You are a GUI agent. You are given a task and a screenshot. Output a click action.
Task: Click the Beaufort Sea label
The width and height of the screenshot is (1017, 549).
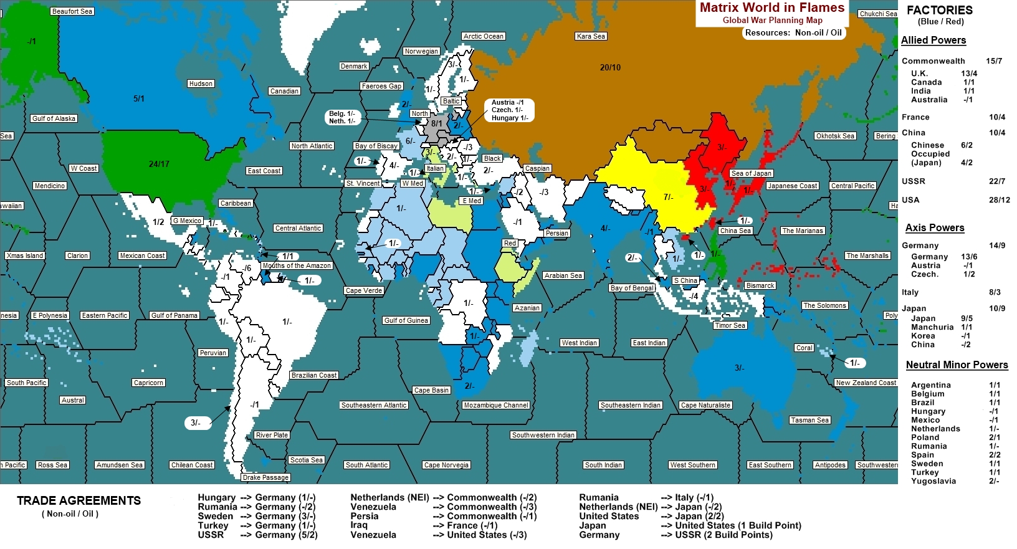point(72,11)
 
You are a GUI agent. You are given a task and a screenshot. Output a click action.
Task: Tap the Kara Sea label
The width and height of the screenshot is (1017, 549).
point(591,36)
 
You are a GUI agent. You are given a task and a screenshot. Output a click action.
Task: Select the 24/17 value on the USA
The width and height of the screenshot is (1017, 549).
point(159,164)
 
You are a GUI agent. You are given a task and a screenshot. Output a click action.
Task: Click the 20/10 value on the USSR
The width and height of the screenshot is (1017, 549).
point(610,67)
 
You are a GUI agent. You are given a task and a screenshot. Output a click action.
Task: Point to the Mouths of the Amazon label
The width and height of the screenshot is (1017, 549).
point(297,265)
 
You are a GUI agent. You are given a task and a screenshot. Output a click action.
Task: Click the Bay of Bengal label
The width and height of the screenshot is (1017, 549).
point(632,288)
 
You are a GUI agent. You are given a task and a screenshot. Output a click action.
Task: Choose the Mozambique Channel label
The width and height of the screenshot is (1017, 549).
point(496,405)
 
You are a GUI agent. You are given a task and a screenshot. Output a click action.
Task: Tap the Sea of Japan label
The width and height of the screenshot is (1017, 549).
point(751,173)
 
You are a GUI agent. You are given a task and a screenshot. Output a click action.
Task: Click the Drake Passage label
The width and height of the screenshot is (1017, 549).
point(266,477)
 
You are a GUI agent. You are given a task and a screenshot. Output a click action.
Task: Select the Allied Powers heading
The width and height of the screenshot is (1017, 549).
point(933,40)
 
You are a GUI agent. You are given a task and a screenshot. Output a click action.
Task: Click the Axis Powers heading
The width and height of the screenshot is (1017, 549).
point(934,227)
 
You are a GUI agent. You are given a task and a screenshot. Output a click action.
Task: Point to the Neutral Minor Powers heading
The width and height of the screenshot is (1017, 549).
point(956,365)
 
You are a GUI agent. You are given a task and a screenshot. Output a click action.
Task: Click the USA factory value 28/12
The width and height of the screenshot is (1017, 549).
point(999,199)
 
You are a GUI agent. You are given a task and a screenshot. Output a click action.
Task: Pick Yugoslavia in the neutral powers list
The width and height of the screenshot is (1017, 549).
point(933,480)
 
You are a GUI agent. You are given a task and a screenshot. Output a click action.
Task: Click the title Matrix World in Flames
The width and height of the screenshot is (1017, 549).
point(771,7)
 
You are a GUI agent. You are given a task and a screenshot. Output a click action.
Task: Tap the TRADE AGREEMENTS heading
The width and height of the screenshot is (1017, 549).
point(79,500)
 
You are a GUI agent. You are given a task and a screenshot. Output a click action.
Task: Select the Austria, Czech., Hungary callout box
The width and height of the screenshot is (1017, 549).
point(509,110)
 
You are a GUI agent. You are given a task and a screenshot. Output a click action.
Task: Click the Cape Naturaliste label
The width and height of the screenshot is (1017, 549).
point(705,405)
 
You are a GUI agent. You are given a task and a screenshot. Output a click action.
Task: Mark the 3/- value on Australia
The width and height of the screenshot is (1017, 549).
point(739,368)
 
